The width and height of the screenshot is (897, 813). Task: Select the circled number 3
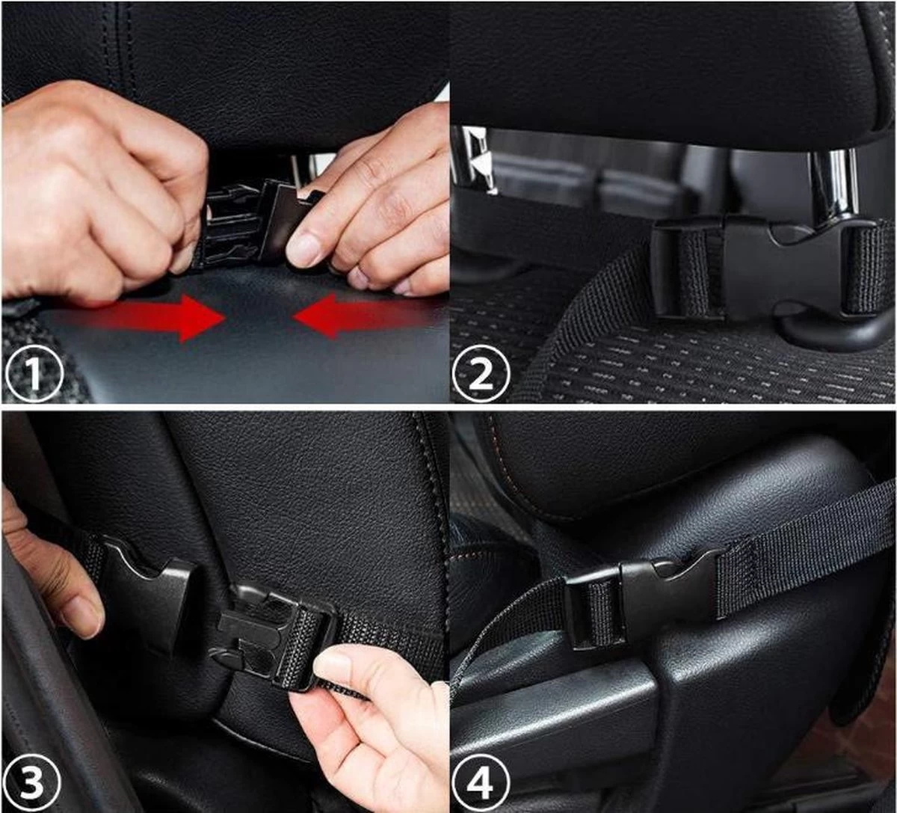34,782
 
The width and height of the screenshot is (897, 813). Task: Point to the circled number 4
481,782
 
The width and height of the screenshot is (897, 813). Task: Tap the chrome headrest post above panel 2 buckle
833,183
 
